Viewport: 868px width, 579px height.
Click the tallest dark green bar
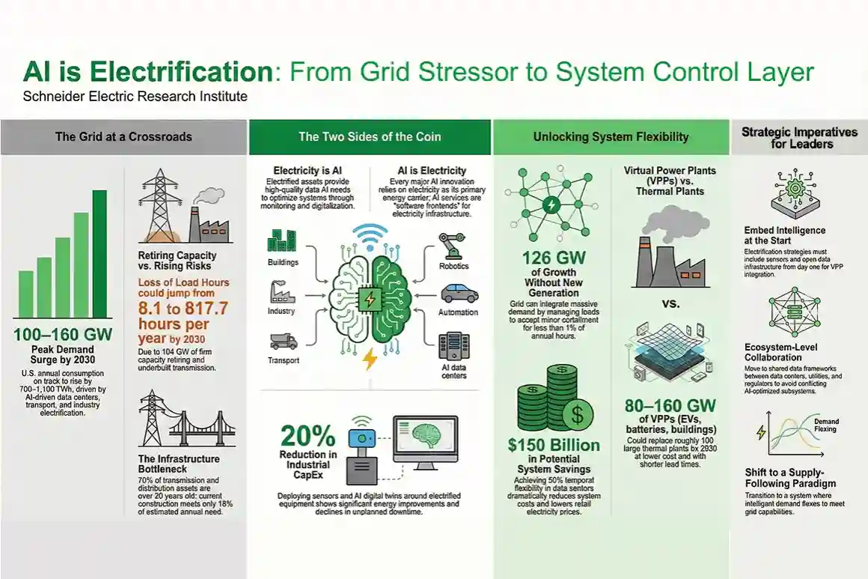(x=100, y=254)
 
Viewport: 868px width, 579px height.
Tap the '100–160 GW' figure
(x=63, y=335)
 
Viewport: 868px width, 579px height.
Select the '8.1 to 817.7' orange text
(x=183, y=308)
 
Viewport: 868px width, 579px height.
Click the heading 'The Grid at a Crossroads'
(x=123, y=137)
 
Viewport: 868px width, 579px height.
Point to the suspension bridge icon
(x=202, y=428)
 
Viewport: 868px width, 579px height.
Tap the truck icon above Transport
(x=284, y=342)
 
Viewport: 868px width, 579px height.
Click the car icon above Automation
(x=459, y=294)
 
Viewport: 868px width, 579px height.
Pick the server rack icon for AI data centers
(x=454, y=346)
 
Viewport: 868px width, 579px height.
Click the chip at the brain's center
(x=369, y=300)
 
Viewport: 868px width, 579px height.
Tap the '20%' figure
(x=308, y=435)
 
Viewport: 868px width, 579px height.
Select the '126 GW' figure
(x=554, y=258)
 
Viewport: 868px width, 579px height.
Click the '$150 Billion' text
(x=554, y=445)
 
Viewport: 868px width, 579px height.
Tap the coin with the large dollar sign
(x=577, y=414)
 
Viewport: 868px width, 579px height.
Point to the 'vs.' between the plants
(x=671, y=303)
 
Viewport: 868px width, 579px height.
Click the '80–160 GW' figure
(x=670, y=406)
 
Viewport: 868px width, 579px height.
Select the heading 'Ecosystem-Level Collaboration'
(x=780, y=352)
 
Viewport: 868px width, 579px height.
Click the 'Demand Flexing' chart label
(x=826, y=425)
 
